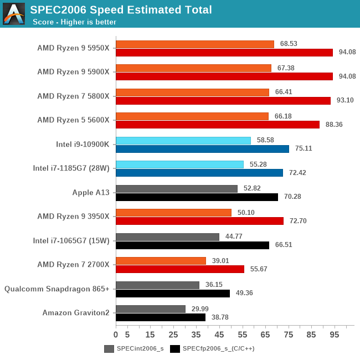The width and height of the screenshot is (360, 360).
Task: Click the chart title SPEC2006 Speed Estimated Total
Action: coord(121,9)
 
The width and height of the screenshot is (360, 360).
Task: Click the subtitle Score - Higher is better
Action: coord(74,22)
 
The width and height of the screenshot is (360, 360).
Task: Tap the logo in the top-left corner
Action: coord(14,14)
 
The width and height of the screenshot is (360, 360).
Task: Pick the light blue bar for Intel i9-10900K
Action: coord(183,141)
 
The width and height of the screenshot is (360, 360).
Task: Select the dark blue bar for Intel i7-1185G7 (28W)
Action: coord(199,173)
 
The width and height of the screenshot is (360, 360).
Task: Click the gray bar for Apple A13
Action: coord(177,189)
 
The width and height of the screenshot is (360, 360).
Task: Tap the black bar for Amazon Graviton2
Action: coord(161,317)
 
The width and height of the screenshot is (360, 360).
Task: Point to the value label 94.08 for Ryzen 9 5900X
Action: coord(347,76)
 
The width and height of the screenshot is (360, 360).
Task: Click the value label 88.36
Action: coord(334,125)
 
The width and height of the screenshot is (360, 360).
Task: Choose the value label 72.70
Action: coord(298,221)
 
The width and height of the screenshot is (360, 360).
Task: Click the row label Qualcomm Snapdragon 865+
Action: coord(57,289)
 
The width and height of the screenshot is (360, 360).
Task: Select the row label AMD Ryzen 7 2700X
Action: coord(73,264)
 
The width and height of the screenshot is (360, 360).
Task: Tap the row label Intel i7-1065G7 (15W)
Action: coord(71,240)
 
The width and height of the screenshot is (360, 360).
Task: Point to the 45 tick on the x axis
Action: coord(219,335)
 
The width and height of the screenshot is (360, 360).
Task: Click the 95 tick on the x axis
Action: coord(335,335)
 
